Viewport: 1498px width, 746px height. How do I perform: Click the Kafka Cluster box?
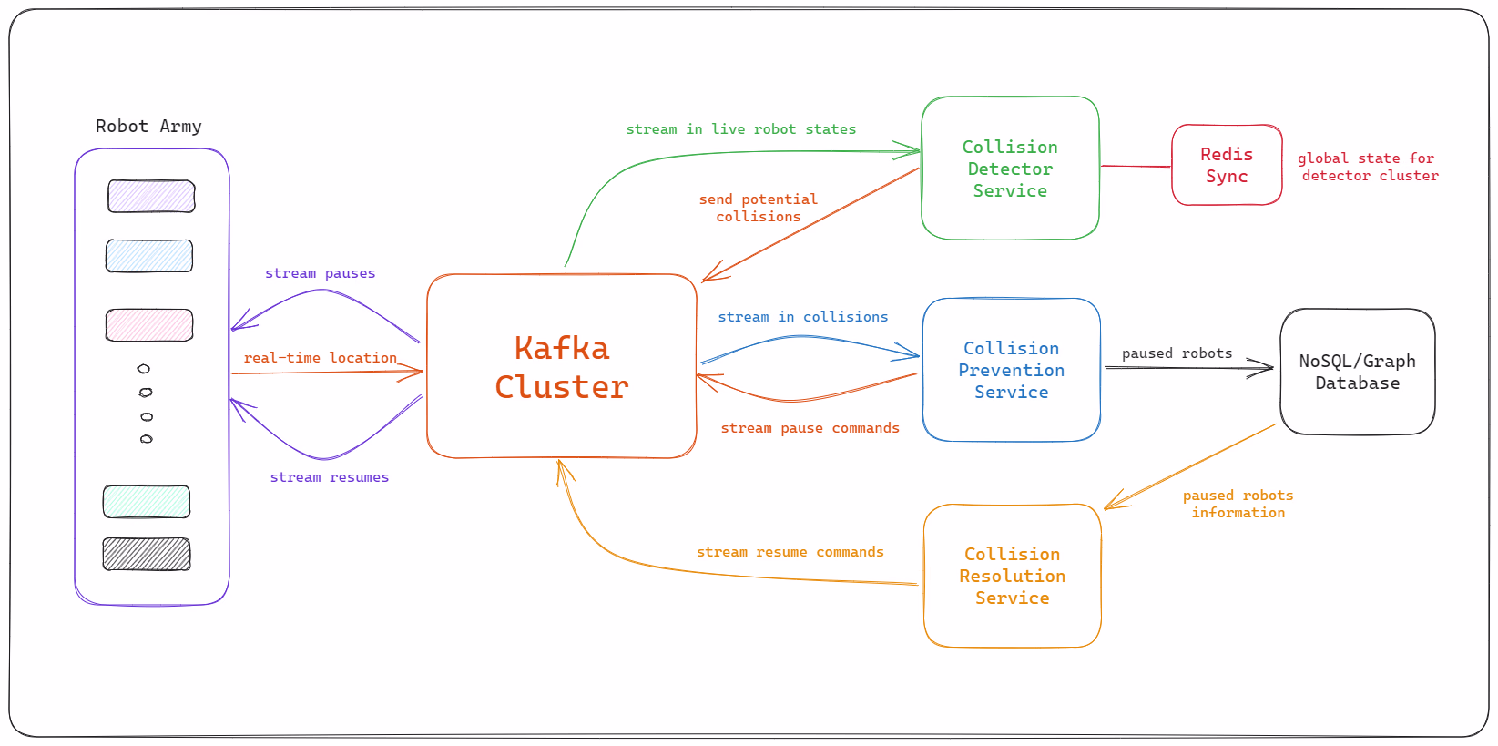tap(562, 366)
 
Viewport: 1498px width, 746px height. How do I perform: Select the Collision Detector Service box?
tap(1010, 169)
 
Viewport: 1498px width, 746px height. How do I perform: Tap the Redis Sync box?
tap(1227, 165)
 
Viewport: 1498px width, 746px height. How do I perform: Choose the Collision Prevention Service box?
tap(1011, 370)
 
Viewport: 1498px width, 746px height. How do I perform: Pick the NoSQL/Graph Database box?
tap(1357, 372)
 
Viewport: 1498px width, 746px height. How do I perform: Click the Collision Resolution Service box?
tap(1012, 576)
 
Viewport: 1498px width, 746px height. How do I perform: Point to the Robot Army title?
tap(148, 126)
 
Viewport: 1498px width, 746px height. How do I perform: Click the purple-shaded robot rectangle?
tap(151, 196)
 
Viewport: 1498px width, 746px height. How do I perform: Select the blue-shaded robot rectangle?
tap(149, 256)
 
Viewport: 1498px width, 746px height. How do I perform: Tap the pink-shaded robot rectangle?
tap(149, 325)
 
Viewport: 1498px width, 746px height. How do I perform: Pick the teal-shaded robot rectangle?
tap(147, 502)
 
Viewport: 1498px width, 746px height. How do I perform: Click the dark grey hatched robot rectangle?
tap(147, 554)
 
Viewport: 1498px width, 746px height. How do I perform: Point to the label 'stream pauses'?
tap(320, 273)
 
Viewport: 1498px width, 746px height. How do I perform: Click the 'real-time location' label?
tap(320, 358)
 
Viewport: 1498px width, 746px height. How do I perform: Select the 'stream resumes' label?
tap(329, 477)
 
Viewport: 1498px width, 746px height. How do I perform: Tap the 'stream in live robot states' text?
tap(740, 129)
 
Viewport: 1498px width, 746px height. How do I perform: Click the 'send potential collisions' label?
tap(758, 208)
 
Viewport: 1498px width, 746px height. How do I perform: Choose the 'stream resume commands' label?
tap(790, 552)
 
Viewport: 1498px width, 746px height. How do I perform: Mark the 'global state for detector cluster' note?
tap(1368, 167)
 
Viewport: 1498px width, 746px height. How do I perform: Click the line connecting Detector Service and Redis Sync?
tap(1136, 167)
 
